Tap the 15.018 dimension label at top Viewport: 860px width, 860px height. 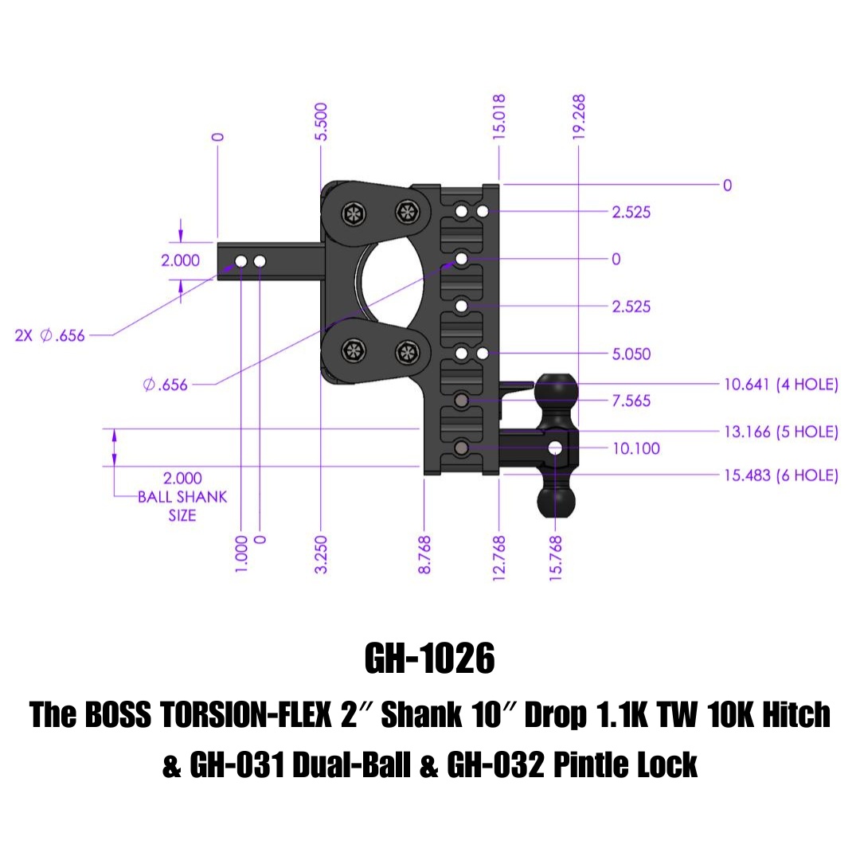click(x=499, y=118)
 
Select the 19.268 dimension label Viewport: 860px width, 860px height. click(x=579, y=118)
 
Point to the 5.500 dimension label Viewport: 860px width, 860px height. click(x=322, y=121)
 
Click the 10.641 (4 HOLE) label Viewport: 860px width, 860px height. click(x=780, y=385)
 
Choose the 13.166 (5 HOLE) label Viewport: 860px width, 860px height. click(x=780, y=432)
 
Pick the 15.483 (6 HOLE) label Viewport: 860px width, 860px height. click(x=780, y=475)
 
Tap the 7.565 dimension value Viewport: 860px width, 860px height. click(x=631, y=401)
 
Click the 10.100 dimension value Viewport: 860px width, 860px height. click(x=635, y=448)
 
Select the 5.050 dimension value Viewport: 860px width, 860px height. click(x=631, y=354)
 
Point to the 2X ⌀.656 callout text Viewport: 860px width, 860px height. click(x=49, y=335)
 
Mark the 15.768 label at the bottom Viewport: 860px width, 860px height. click(x=556, y=557)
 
